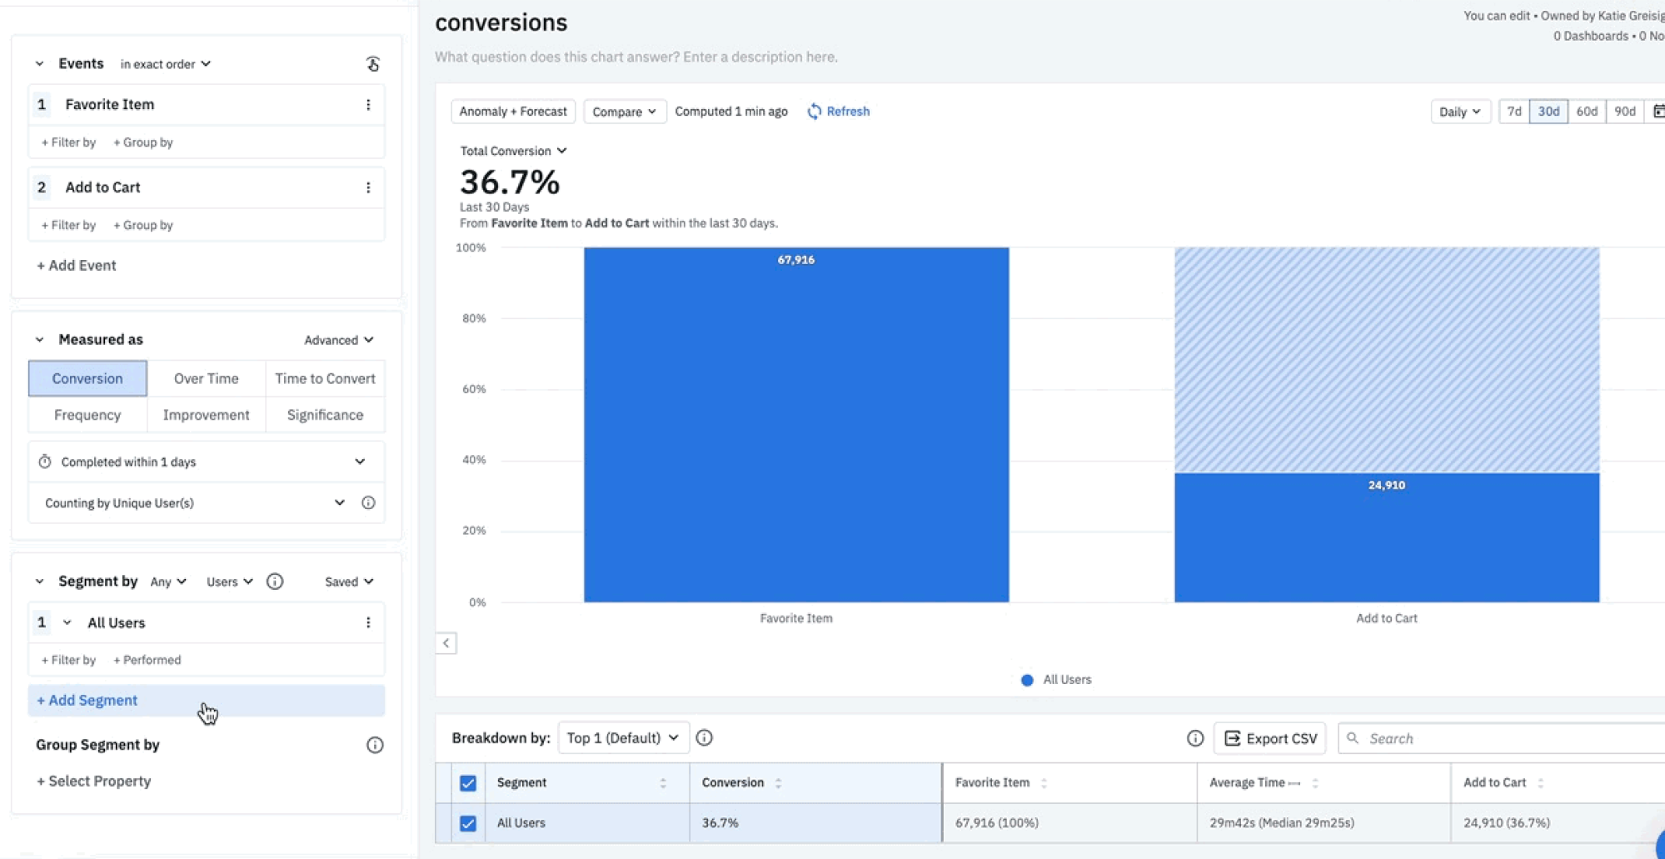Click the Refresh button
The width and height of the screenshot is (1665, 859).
[x=839, y=112]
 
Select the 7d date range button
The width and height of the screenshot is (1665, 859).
[x=1513, y=112]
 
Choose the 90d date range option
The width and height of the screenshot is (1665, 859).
[x=1624, y=112]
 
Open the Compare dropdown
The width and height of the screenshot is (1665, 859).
[x=624, y=112]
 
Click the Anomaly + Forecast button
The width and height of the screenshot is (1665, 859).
[x=512, y=112]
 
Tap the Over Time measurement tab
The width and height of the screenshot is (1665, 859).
[x=206, y=378]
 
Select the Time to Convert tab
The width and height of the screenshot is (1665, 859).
[x=325, y=378]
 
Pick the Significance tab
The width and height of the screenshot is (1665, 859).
[x=325, y=415]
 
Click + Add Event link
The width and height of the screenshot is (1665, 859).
[x=76, y=265]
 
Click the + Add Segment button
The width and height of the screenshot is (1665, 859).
[x=87, y=701]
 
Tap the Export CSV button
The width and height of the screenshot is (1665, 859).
[x=1270, y=738]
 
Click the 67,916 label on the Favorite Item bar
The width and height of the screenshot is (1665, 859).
[x=795, y=260]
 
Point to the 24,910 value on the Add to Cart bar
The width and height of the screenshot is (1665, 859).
[x=1386, y=485]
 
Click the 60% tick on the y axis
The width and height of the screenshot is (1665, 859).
[x=473, y=389]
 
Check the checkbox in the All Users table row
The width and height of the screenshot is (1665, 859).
[x=468, y=823]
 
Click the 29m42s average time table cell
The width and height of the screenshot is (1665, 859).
[x=1281, y=823]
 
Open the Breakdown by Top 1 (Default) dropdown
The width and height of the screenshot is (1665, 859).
[x=623, y=738]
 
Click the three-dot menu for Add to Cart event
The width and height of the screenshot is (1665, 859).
[x=368, y=187]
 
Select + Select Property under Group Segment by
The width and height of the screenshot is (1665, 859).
[x=93, y=781]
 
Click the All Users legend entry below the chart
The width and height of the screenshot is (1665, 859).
[x=1056, y=680]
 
